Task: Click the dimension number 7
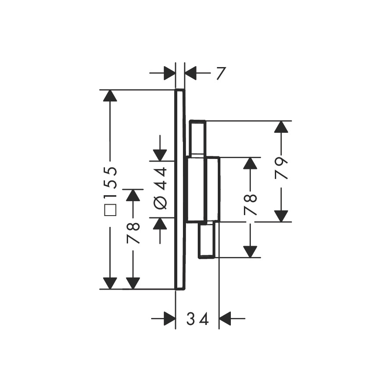221,73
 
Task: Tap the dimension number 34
197,319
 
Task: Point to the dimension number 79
281,169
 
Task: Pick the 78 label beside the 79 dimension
250,205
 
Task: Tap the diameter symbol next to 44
160,203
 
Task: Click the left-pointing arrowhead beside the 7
190,73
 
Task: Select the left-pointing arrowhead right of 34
225,318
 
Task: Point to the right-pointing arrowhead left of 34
170,318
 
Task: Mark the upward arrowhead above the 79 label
281,127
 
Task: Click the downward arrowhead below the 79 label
281,216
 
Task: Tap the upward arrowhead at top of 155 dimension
110,95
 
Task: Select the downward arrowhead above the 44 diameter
160,155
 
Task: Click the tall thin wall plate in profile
180,189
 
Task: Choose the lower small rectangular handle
206,240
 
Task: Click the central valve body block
203,189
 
